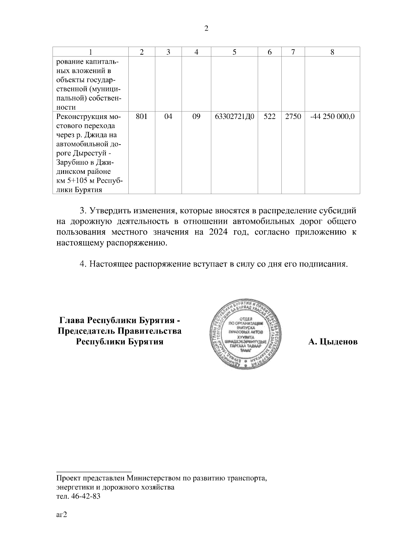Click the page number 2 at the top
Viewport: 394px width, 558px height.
point(206,29)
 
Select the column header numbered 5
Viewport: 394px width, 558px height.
point(234,52)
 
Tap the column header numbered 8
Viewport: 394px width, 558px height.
point(332,52)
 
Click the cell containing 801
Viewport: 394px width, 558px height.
point(142,116)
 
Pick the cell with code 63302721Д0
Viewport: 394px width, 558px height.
point(234,116)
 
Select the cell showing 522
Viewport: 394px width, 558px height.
point(269,116)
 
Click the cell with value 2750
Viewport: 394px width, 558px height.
point(293,116)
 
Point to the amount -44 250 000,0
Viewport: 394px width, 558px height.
point(332,116)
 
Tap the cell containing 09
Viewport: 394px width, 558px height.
point(196,116)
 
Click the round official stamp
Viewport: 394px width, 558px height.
point(246,335)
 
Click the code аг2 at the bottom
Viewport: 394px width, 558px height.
point(62,515)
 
